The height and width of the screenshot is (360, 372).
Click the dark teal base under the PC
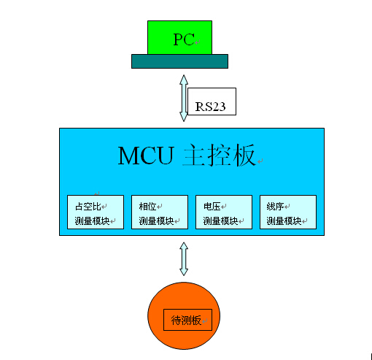[179, 61]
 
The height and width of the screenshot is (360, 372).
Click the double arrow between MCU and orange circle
[183, 258]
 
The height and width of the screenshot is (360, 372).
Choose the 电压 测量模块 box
[223, 212]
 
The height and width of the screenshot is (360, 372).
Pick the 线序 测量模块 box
[287, 212]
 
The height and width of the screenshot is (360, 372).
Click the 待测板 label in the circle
[187, 320]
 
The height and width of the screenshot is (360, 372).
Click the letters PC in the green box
[183, 39]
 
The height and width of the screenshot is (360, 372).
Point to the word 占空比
[86, 206]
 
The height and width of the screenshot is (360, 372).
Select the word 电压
[212, 206]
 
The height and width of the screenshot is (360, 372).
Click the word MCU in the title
[144, 156]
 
